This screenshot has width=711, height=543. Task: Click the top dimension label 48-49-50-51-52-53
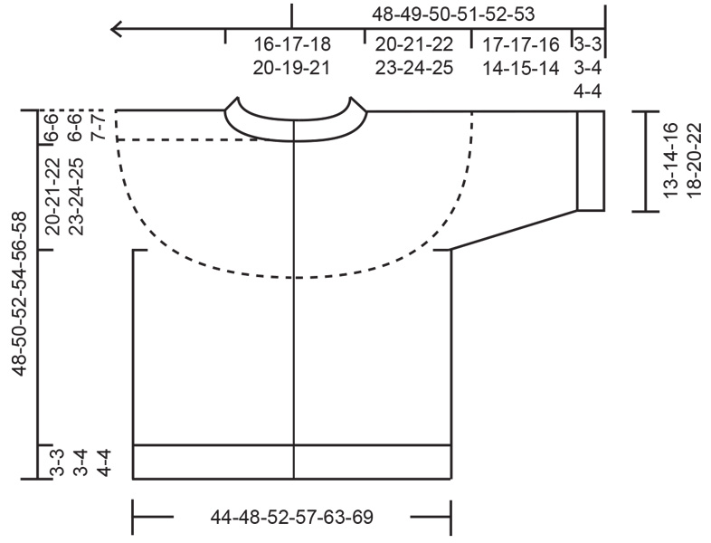coord(459,14)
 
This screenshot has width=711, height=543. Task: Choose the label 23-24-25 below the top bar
coord(414,68)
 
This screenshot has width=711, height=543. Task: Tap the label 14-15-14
coord(519,68)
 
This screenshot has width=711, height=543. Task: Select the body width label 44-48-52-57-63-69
coord(291,518)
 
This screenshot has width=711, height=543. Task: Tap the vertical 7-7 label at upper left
coord(101,124)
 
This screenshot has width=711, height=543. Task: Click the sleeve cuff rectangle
coord(591,160)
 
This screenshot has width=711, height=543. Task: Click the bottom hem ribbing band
coord(291,461)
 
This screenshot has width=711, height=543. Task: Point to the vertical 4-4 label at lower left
coord(101,462)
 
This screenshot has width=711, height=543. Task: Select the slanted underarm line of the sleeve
coord(514,229)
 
